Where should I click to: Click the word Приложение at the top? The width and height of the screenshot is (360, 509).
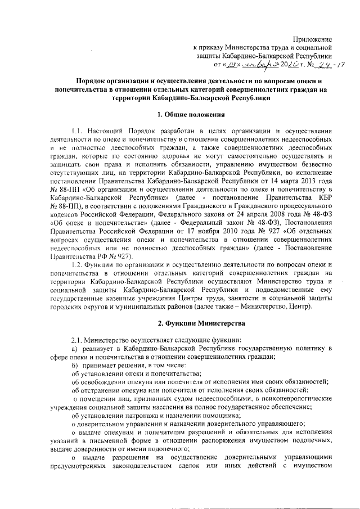313,39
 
